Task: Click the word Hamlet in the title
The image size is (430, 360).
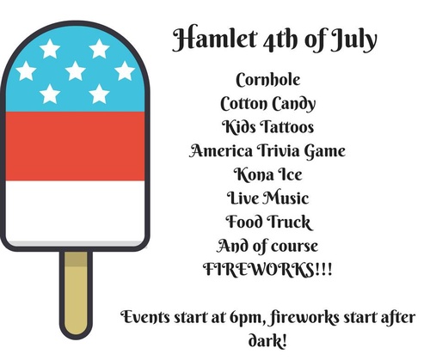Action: coord(214,40)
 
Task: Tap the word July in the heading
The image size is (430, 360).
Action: coord(353,40)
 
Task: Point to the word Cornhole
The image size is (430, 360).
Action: coord(268,80)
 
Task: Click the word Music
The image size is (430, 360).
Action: coord(286,198)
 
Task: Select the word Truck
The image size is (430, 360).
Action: coord(289,222)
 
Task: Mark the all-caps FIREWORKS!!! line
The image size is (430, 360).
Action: coord(268,269)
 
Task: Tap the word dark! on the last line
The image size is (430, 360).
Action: coord(267,341)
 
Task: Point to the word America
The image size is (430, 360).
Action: coord(221,150)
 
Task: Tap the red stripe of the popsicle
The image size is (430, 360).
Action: coord(75,146)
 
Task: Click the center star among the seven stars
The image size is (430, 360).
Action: coord(75,70)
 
